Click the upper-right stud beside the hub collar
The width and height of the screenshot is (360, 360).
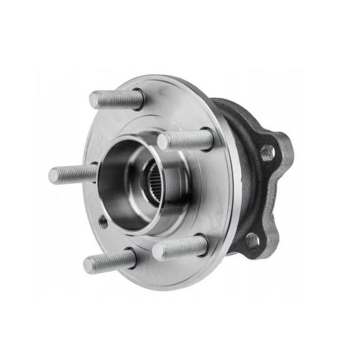pyautogui.click(x=185, y=140)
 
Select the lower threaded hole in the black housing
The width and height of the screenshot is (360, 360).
pyautogui.click(x=253, y=239)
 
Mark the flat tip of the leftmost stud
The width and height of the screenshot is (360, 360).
pyautogui.click(x=53, y=176)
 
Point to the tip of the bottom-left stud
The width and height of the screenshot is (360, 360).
pyautogui.click(x=88, y=264)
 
